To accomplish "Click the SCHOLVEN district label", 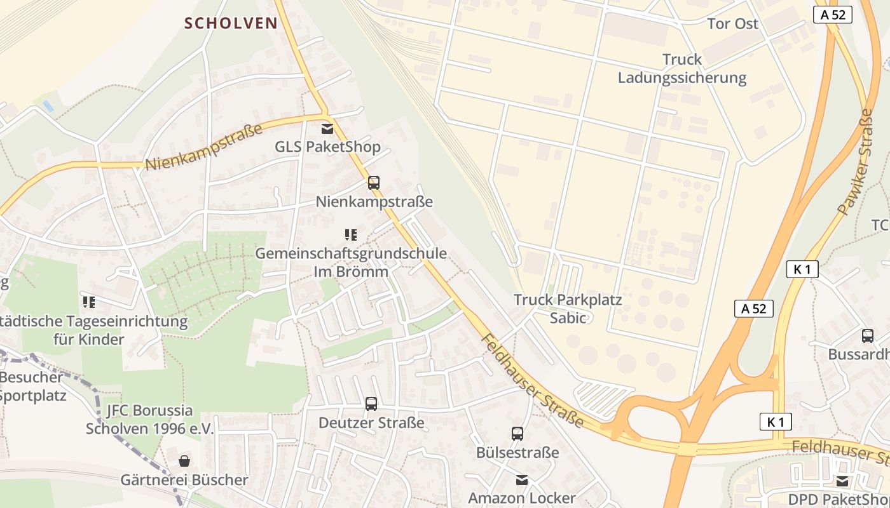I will click(231, 23).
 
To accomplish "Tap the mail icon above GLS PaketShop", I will click(327, 129).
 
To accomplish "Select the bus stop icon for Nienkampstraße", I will click(374, 183).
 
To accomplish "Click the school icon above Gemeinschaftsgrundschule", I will click(350, 235).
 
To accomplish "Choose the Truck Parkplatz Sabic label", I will click(567, 308).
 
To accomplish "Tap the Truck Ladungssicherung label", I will click(681, 69).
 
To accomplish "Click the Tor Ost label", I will click(732, 23).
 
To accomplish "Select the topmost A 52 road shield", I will click(832, 15).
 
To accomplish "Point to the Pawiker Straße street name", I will click(856, 162).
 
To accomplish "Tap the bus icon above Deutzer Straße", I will click(371, 403).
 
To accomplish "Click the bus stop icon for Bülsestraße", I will click(517, 434).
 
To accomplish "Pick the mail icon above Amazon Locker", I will click(522, 479).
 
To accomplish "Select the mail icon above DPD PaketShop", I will click(842, 481).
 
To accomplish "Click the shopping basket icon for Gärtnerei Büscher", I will click(184, 461).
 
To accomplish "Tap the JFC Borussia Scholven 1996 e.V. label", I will click(149, 419).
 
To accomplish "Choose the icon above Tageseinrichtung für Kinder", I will click(88, 302).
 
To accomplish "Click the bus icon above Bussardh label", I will click(867, 336).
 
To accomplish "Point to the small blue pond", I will click(48, 106).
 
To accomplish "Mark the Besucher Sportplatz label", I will click(32, 386).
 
